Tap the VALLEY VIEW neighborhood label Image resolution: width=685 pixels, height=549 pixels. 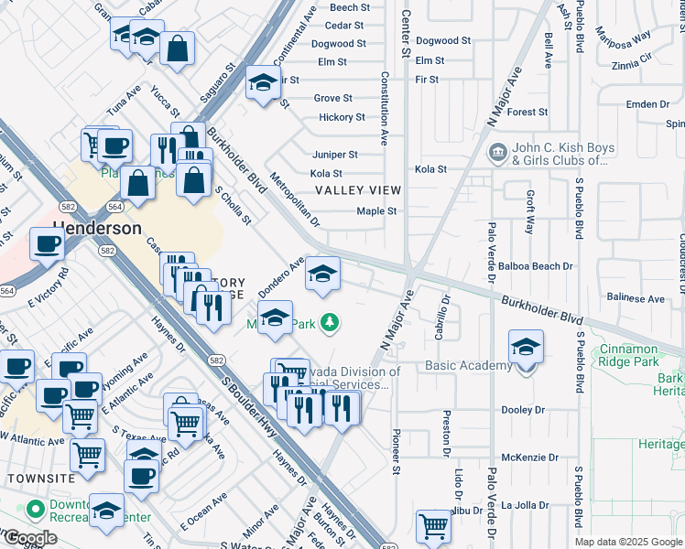358,190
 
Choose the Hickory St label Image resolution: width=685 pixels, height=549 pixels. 342,117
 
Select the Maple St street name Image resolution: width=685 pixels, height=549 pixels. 376,211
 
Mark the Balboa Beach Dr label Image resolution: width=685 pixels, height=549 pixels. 535,266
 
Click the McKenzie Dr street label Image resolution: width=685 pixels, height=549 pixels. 529,457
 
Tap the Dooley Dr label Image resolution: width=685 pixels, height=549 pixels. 523,410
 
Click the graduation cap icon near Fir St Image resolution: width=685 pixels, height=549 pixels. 263,84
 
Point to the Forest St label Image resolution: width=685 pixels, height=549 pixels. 527,113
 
